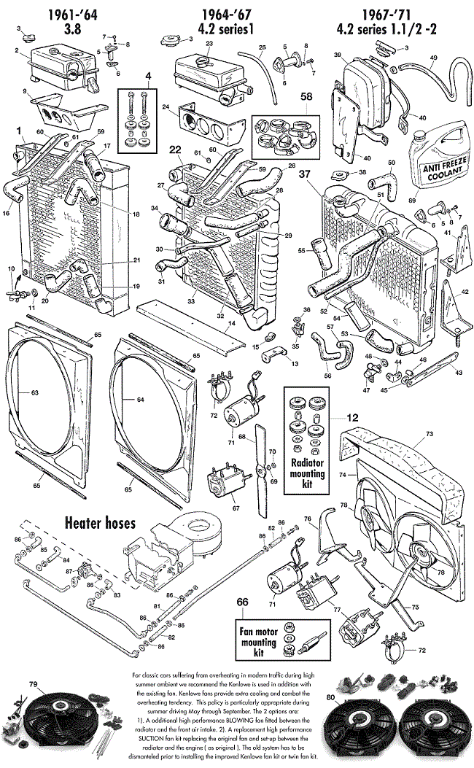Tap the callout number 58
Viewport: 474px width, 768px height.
307,96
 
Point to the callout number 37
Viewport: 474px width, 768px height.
304,174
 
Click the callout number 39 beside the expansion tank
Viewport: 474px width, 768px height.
337,55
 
